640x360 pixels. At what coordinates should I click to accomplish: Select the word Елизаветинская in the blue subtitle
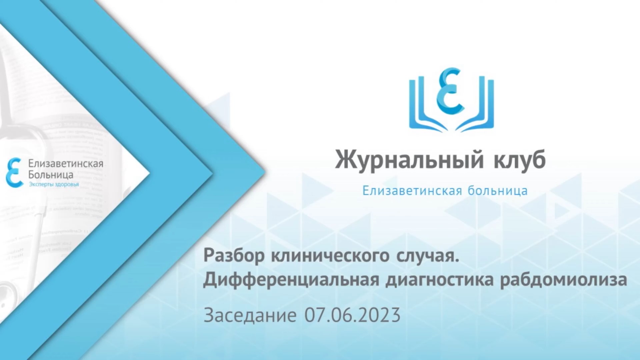(412, 191)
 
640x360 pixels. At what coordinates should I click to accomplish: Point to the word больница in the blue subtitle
(498, 191)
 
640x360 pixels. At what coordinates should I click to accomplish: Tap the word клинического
(330, 256)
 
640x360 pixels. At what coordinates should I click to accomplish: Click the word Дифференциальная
(291, 280)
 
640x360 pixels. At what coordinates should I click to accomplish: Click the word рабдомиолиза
(563, 280)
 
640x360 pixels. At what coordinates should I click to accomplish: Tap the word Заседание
(250, 315)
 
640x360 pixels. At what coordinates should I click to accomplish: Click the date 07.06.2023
(352, 315)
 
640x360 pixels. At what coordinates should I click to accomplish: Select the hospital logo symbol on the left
(14, 173)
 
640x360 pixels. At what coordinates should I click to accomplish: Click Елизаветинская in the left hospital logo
(66, 164)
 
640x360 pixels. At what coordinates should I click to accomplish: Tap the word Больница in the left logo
(51, 175)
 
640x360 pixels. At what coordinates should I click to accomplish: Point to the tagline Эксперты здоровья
(54, 184)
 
